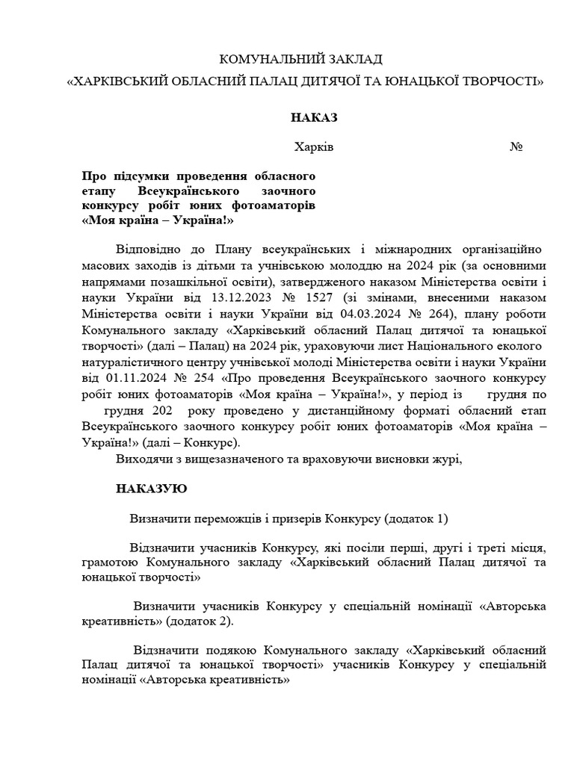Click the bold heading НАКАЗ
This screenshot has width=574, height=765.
(x=315, y=117)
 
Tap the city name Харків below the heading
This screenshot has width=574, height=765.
(x=314, y=146)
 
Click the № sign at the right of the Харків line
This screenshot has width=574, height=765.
(x=516, y=146)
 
